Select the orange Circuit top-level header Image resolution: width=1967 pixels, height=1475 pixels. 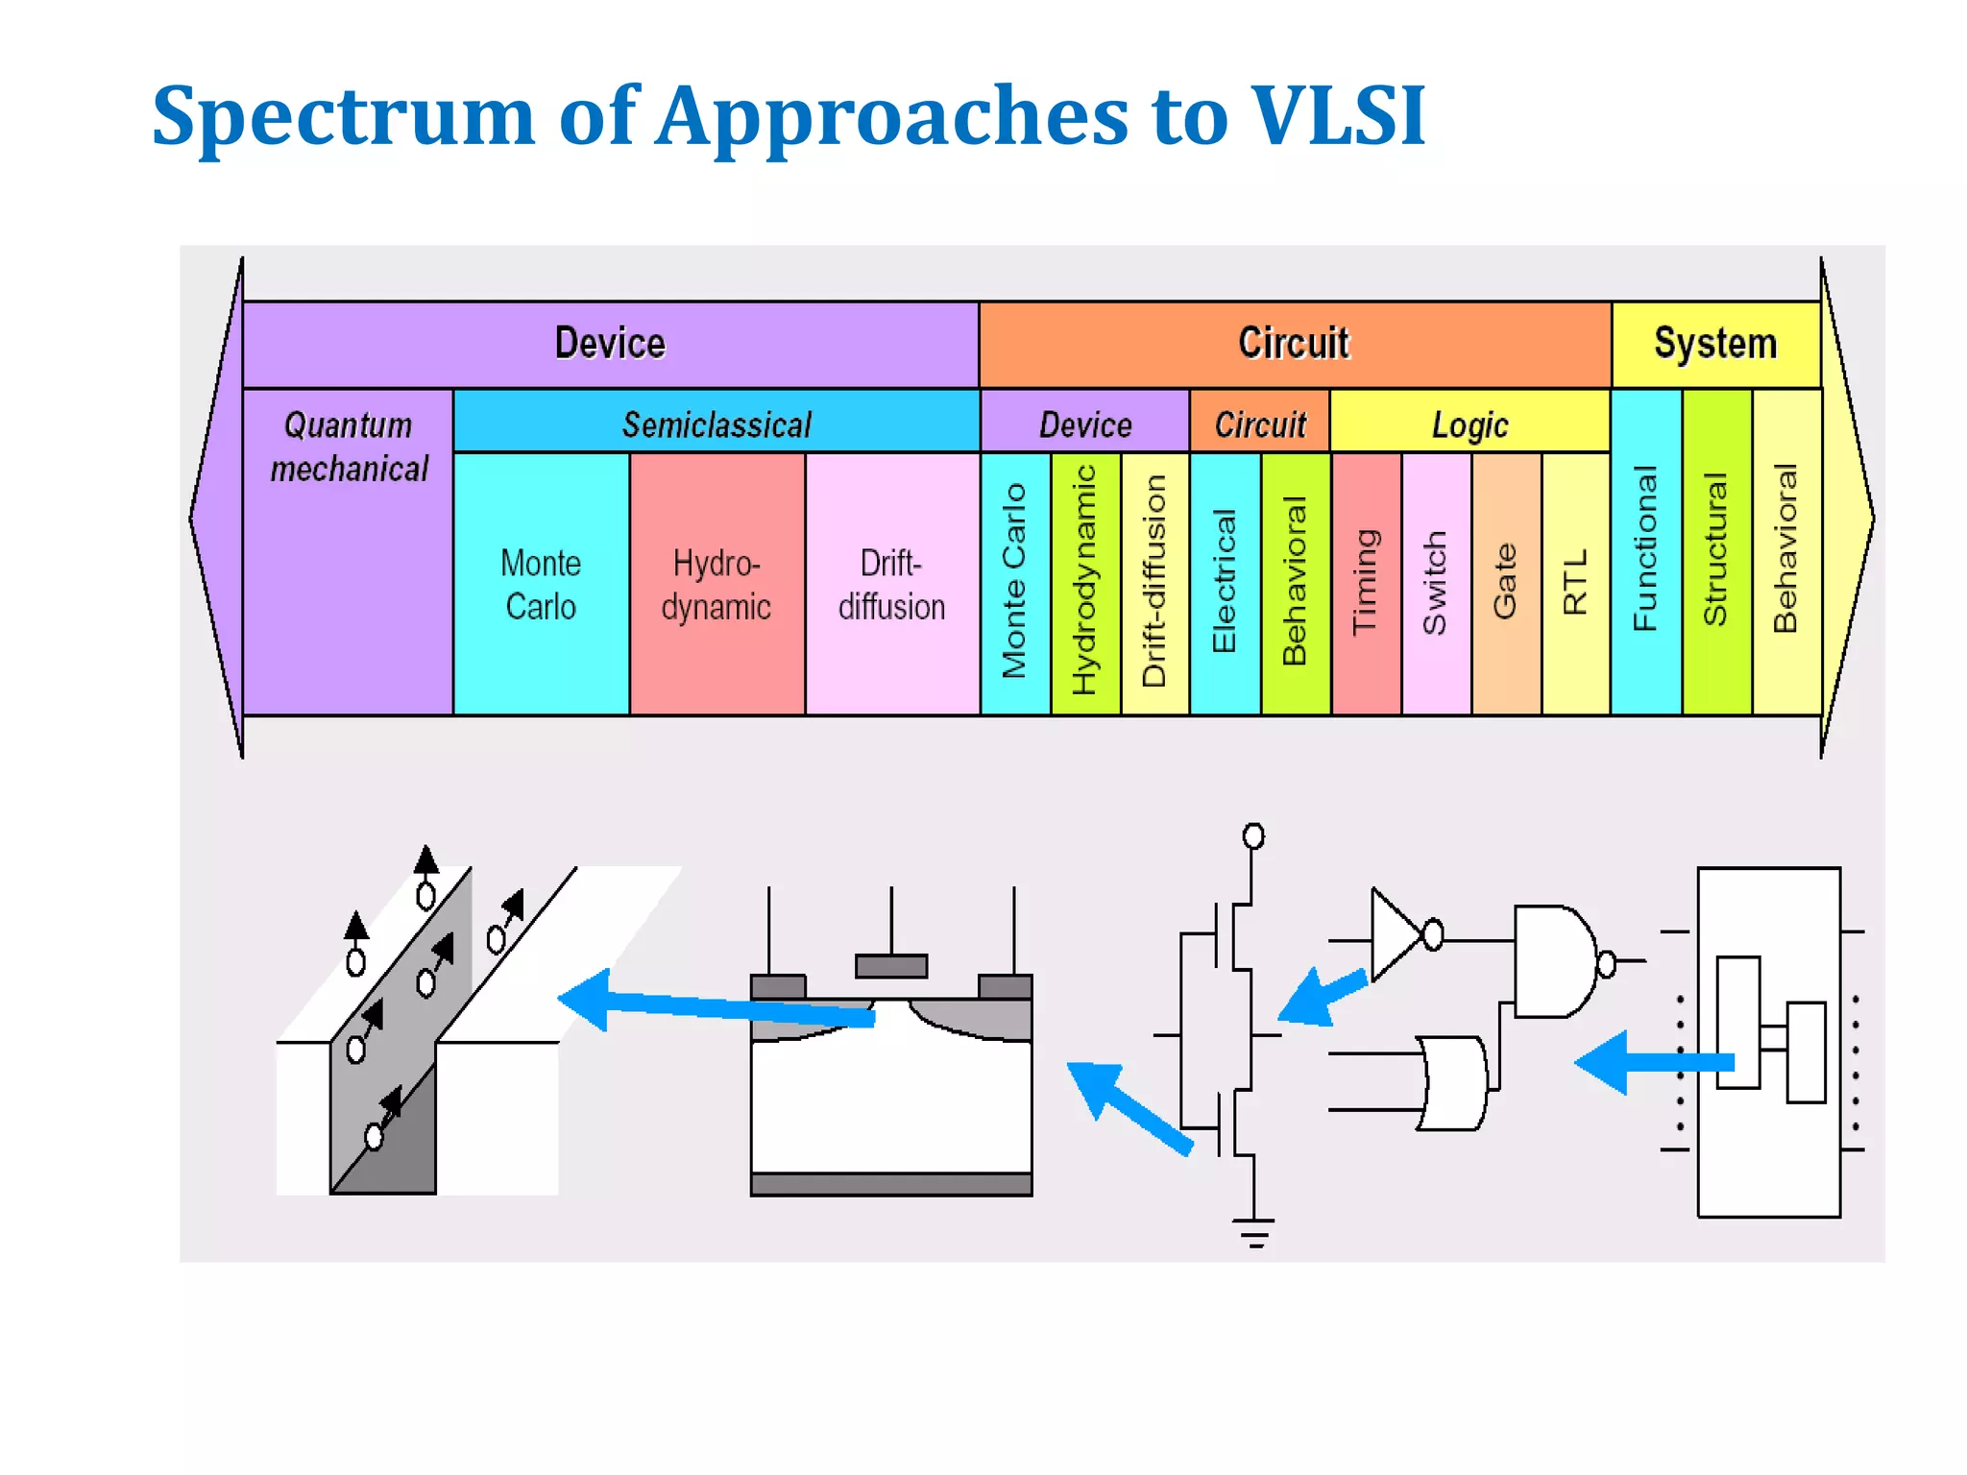click(1294, 344)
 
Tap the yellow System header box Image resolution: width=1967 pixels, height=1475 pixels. click(1715, 344)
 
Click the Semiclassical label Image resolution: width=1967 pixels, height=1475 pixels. click(716, 424)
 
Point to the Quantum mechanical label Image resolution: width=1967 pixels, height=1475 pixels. click(349, 447)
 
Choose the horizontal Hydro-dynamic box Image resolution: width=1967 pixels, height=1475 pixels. click(716, 584)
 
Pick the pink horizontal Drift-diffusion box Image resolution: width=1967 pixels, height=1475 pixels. click(891, 584)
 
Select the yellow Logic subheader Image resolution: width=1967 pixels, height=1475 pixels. click(1469, 424)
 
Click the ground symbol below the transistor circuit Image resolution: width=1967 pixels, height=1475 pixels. click(1253, 1232)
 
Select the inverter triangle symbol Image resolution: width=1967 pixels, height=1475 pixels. click(1394, 934)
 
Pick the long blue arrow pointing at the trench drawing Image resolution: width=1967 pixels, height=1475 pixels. click(716, 1005)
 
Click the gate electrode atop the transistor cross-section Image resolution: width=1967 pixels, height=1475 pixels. click(891, 965)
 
